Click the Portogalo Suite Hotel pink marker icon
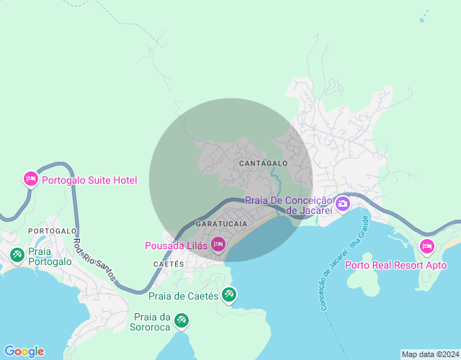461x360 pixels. point(30,179)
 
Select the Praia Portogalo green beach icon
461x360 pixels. point(17,254)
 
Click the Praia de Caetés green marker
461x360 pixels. point(229,294)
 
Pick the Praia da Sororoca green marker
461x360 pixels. point(182,318)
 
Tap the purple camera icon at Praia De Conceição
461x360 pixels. point(343,204)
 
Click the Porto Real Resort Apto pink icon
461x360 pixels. point(427,247)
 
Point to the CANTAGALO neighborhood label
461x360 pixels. point(263,163)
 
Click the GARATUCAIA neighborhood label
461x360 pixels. point(221,224)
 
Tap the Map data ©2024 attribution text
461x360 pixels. point(429,354)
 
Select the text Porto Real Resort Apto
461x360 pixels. point(395,265)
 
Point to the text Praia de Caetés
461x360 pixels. point(184,295)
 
